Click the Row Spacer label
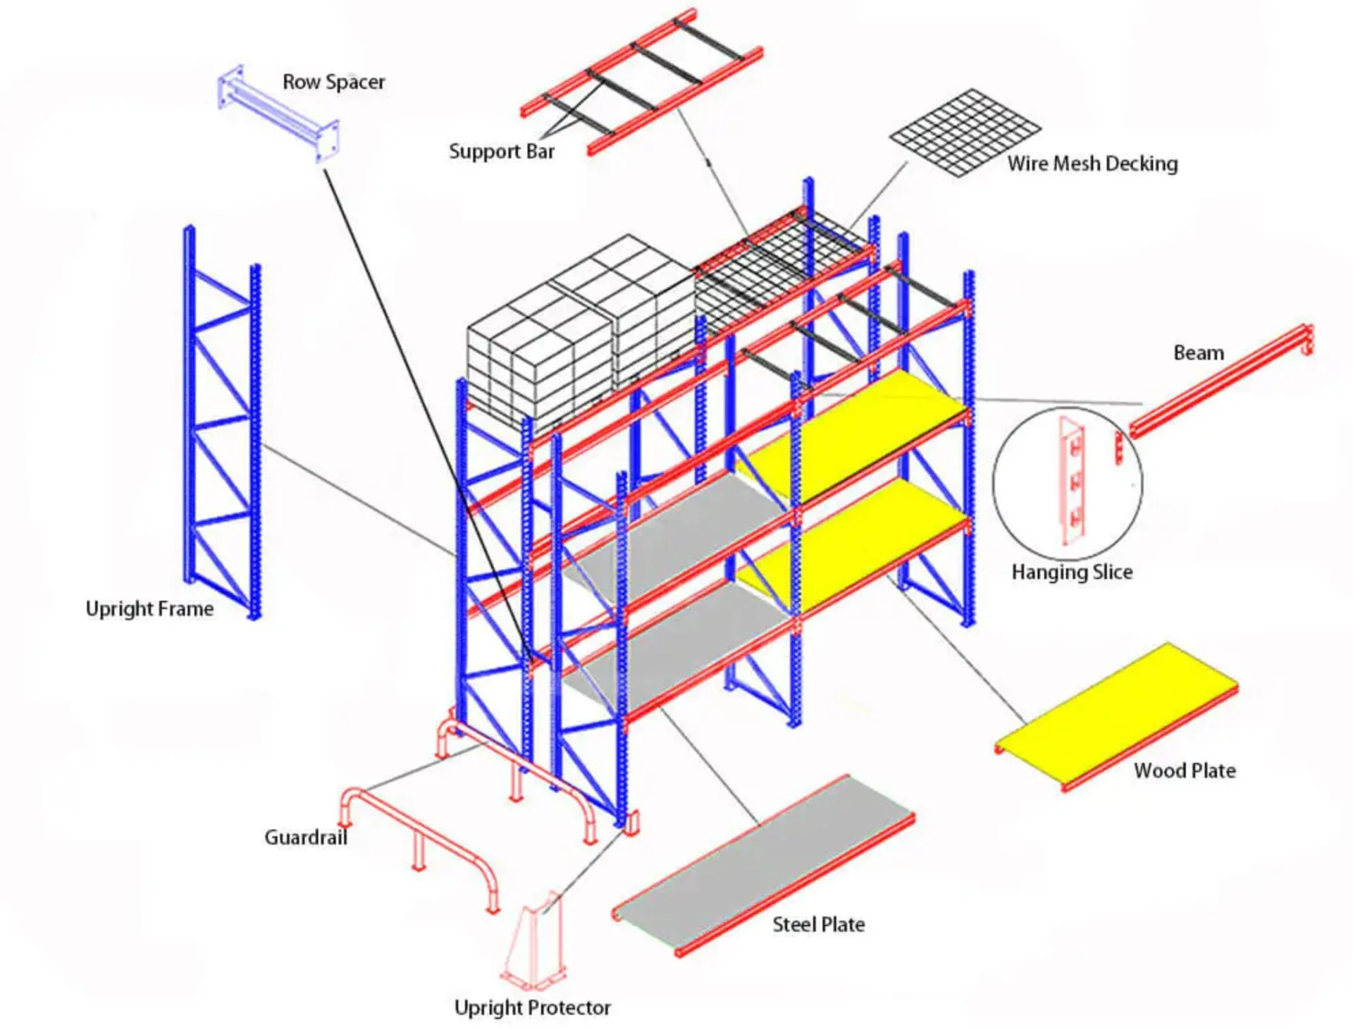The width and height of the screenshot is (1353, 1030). point(333,82)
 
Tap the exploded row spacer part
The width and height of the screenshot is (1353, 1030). point(278,114)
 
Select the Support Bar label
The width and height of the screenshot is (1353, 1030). point(501,152)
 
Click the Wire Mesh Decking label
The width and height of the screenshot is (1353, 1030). point(1092,164)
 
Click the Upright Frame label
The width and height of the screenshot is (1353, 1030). point(149,608)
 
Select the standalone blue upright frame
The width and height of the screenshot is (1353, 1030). point(222,423)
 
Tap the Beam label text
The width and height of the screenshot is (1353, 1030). point(1198,352)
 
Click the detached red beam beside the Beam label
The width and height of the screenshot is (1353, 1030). point(1221,381)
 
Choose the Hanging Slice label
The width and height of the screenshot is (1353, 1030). point(1072,572)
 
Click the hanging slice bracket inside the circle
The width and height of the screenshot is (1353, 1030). point(1072,482)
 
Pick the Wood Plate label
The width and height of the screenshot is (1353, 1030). point(1184,771)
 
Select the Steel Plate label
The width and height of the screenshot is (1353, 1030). point(818,924)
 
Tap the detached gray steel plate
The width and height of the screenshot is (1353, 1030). point(763,866)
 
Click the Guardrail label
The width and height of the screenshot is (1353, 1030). point(306,838)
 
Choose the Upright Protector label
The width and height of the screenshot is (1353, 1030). point(532,1008)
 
